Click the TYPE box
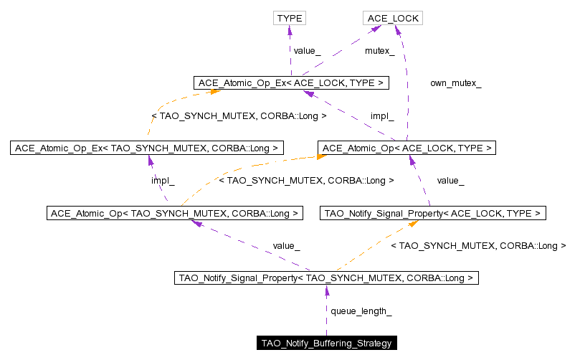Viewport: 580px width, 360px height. coord(290,18)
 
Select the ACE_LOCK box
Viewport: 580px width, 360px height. coord(392,18)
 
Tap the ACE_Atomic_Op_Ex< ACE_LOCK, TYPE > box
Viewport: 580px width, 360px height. coord(291,83)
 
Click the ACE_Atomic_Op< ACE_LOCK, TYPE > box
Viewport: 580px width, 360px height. coord(407,148)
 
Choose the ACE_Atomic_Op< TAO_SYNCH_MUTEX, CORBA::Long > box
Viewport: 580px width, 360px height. coord(174,213)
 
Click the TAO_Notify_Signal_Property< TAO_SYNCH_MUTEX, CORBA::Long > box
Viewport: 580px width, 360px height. coord(326,278)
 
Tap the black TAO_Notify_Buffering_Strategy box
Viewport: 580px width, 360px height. coord(326,344)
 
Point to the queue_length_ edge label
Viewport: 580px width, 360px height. coord(361,311)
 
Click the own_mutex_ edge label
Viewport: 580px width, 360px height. coord(455,83)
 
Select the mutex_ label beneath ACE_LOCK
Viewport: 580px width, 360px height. coord(380,51)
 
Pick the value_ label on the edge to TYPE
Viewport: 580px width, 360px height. coord(307,51)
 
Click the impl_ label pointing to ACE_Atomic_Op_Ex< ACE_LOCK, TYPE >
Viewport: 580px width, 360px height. coord(382,115)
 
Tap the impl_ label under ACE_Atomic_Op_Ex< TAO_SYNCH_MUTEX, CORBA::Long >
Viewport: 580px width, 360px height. coord(163,181)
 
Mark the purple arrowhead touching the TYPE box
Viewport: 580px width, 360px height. coord(290,31)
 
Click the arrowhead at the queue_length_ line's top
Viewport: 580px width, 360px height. coord(326,290)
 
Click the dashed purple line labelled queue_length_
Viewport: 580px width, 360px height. coord(326,316)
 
